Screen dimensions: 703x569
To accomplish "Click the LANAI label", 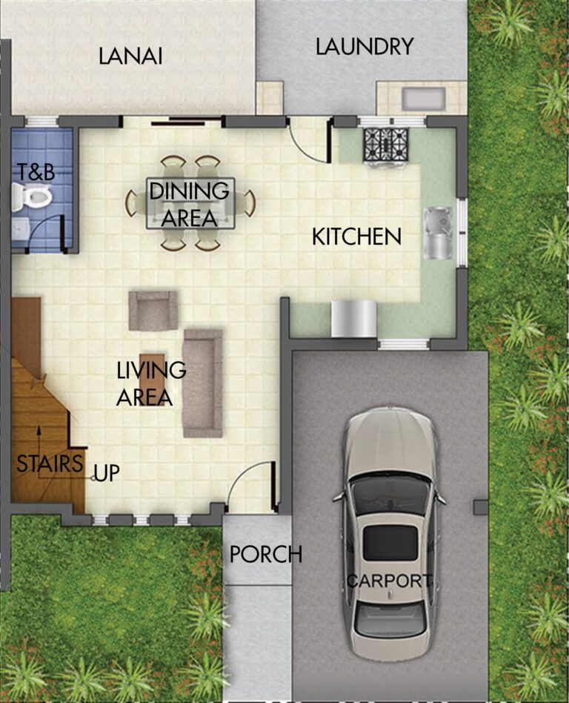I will (130, 56).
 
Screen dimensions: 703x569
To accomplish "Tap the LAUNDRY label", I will (364, 47).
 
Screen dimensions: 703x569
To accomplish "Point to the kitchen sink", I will (436, 232).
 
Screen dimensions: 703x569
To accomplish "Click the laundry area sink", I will (423, 99).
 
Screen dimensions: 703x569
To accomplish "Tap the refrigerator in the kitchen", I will (353, 319).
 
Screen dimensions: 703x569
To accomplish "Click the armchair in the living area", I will (153, 310).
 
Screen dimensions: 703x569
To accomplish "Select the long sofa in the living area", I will (202, 383).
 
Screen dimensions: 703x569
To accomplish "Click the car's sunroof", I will (389, 542).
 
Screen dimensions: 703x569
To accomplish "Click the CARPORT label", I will (390, 581).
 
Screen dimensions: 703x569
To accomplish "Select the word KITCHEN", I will (356, 237).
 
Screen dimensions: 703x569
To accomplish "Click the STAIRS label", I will (50, 464).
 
